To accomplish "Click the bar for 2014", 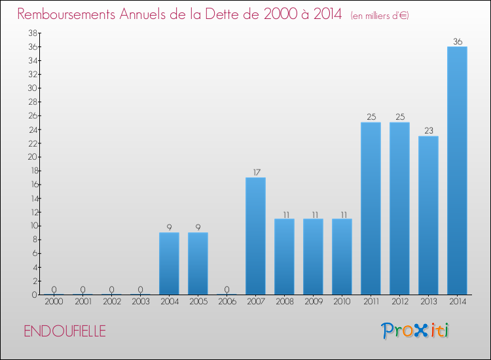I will (457, 170).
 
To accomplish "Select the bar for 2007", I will (255, 236).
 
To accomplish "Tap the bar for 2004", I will (169, 263).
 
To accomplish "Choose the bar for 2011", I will (371, 208).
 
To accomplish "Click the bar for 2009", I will (313, 257).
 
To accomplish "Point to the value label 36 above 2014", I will (457, 42).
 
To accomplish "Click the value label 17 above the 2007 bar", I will (255, 173).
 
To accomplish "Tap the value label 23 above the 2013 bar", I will (428, 131).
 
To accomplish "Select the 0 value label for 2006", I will (227, 289).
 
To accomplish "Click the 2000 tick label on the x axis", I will (54, 302).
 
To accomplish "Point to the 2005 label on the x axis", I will (198, 302).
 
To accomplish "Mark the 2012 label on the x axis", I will (399, 302).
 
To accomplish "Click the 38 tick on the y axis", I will (31, 33).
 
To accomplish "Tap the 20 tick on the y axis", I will (31, 157).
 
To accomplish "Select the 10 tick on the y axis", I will (31, 226).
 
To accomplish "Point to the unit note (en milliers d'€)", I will (380, 15).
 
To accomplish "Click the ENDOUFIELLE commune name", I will (65, 331).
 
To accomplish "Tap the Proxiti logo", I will (415, 331).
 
